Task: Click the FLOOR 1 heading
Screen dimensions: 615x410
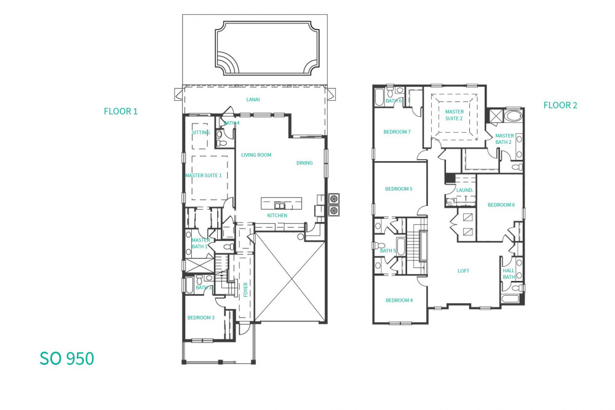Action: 121,111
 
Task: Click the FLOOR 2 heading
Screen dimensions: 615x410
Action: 560,105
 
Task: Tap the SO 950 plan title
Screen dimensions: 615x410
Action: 66,358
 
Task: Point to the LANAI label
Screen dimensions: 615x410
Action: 253,100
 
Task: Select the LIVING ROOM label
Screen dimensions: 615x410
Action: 256,155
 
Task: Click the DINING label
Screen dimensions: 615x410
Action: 304,163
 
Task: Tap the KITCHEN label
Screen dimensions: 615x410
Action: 277,215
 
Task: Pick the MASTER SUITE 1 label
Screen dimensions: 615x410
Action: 203,175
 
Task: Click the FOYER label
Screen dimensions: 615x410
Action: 245,290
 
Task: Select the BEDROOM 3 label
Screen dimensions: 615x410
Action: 201,318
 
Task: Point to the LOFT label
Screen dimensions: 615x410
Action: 463,271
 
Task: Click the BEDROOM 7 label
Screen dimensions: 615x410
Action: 397,132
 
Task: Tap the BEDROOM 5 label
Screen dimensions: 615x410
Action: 399,189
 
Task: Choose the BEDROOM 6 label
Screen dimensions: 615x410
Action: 501,205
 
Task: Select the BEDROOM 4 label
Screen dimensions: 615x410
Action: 399,300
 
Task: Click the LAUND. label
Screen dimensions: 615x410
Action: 465,190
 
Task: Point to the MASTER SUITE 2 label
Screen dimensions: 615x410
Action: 454,115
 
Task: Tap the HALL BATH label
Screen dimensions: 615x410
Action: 509,274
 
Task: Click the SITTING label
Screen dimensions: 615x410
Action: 201,133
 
